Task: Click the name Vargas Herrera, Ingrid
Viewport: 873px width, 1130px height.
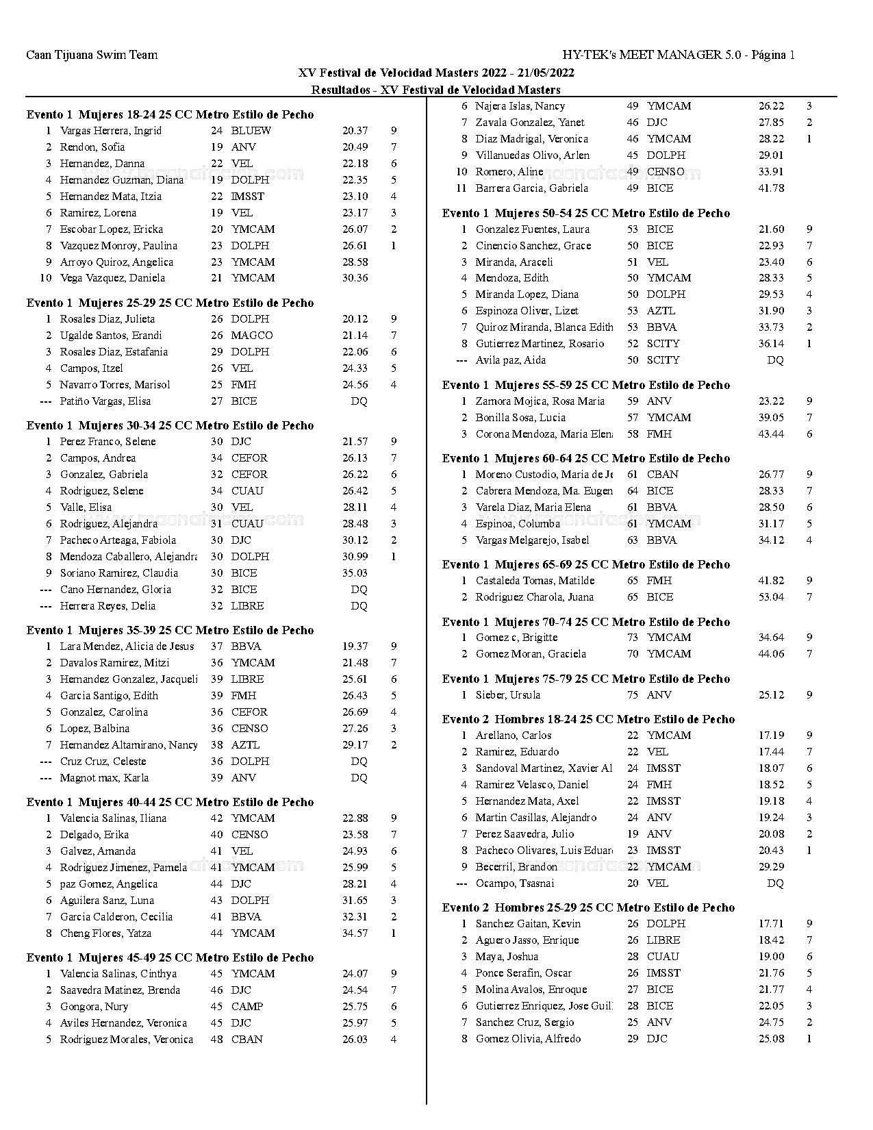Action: (111, 131)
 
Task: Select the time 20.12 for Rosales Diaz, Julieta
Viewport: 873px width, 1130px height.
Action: (355, 319)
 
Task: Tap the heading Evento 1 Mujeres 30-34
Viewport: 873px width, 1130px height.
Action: (170, 425)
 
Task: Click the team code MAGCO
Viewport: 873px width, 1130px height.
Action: (251, 336)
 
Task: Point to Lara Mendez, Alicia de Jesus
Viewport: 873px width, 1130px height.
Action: (127, 646)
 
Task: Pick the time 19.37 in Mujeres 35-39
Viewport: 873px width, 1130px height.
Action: (355, 646)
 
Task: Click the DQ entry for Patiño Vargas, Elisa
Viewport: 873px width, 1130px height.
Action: (359, 401)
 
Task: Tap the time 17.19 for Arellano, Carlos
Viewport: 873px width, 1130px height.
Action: (771, 736)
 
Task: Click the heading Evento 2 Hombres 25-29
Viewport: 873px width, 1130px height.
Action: (588, 907)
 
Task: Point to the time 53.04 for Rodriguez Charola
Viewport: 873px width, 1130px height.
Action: (771, 597)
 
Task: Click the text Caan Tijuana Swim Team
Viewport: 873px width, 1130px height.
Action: (92, 55)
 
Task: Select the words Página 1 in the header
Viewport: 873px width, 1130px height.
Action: (773, 55)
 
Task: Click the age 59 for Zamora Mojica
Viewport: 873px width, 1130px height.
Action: (633, 401)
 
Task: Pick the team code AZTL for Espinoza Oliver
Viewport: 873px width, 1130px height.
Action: (661, 311)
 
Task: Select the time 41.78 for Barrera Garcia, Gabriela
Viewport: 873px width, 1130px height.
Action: (771, 188)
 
